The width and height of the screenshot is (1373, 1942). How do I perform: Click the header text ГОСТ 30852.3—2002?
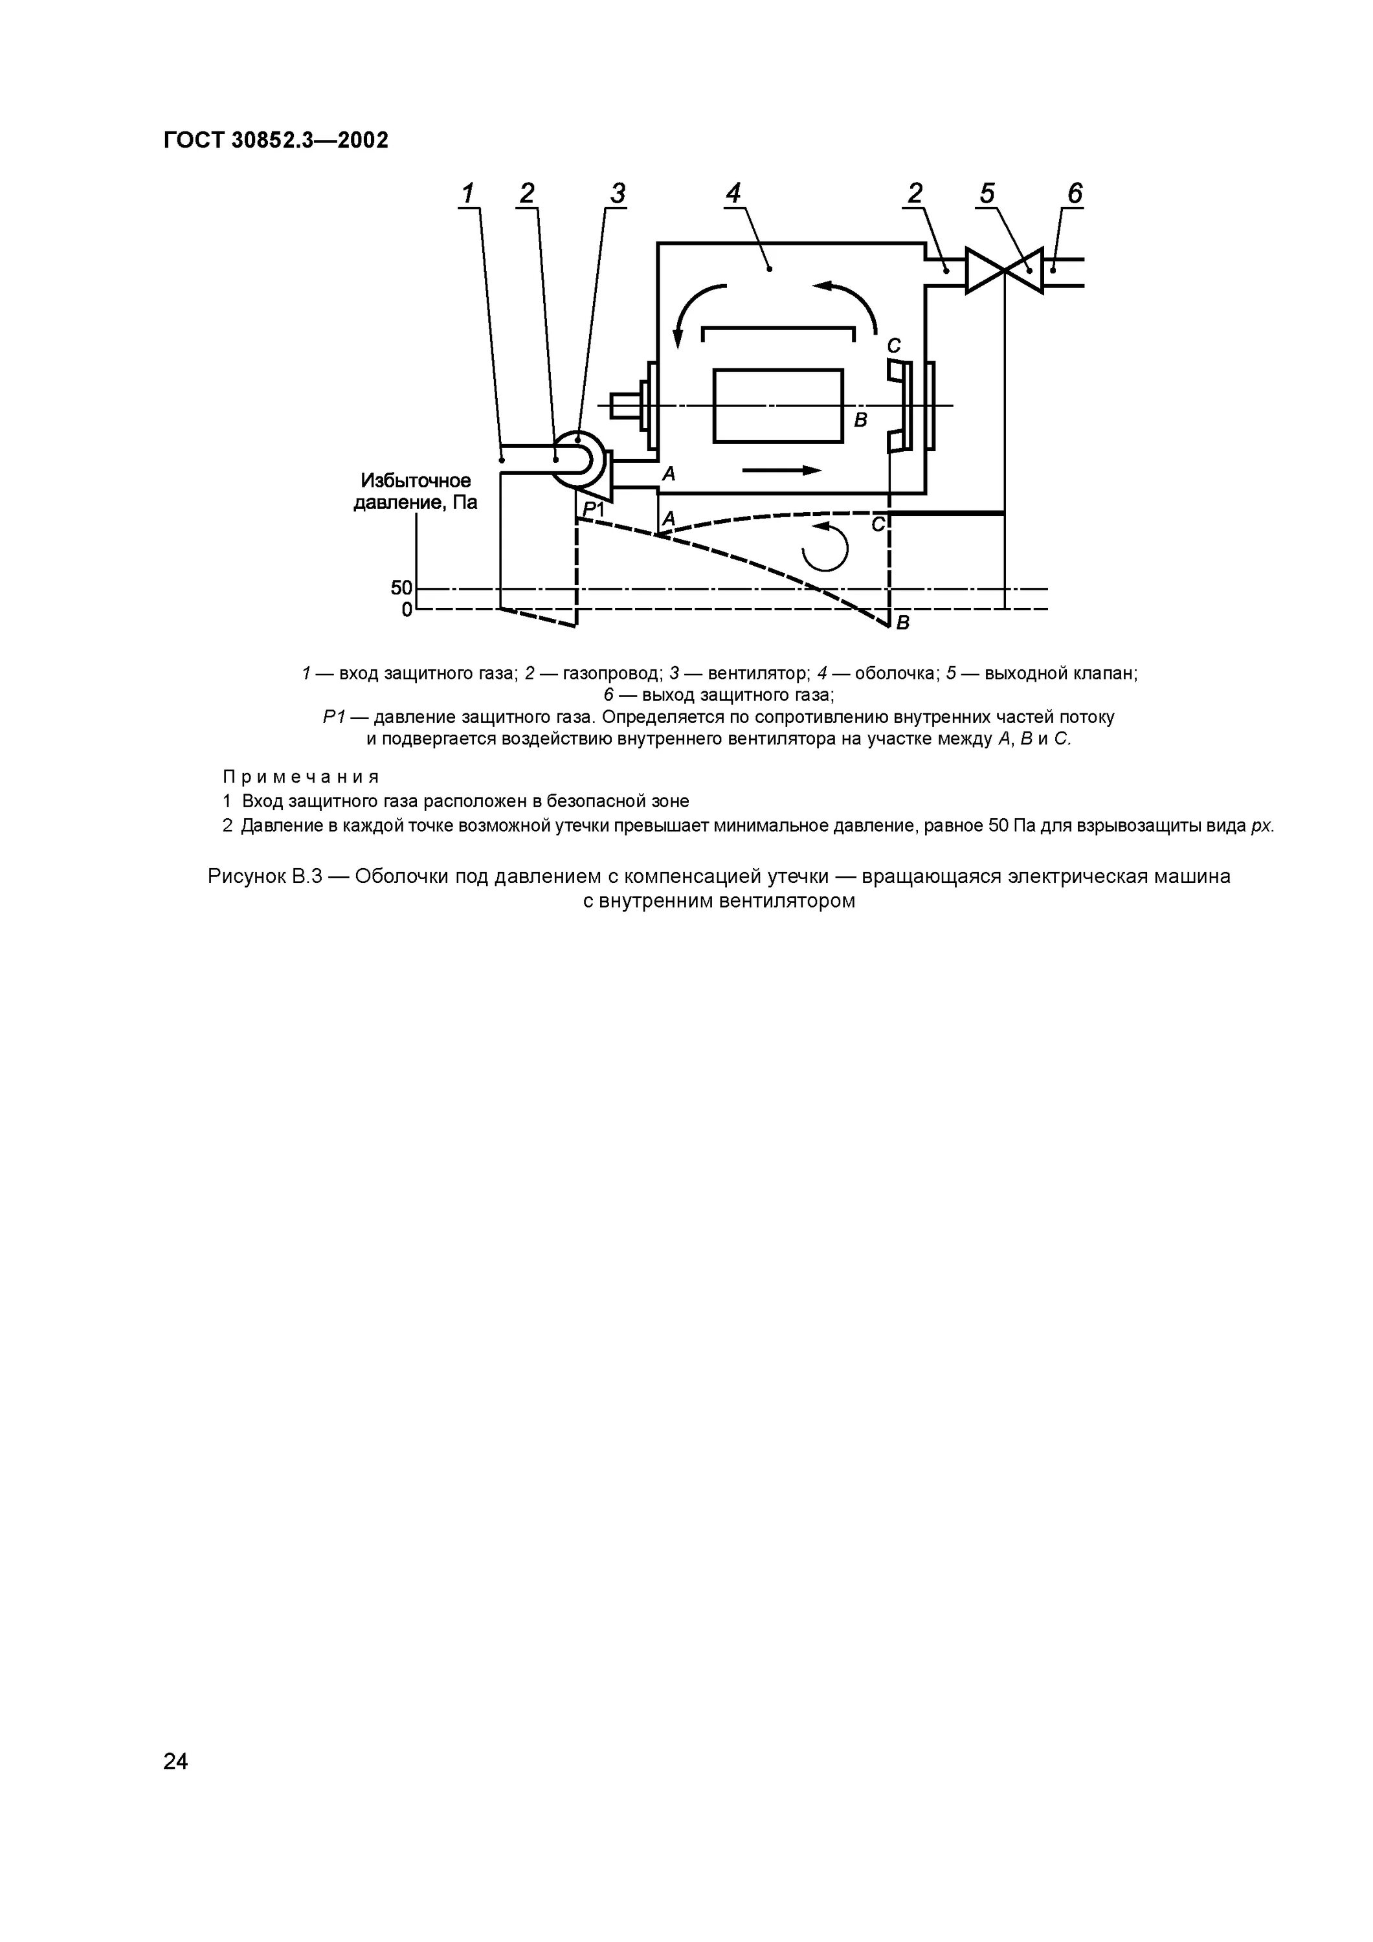coord(276,140)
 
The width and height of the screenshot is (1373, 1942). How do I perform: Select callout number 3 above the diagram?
coord(618,194)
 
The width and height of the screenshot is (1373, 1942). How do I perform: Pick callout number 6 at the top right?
coord(1075,194)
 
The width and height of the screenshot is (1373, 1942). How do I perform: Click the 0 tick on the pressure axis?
coord(407,609)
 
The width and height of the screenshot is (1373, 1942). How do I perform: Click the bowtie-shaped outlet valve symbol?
coord(1004,271)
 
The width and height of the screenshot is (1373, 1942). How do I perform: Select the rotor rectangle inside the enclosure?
coord(777,406)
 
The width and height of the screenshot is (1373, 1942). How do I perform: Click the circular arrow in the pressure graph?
coord(824,547)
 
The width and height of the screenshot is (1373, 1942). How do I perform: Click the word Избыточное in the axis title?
coord(416,480)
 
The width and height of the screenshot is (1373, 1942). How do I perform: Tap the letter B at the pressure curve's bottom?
coord(902,623)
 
